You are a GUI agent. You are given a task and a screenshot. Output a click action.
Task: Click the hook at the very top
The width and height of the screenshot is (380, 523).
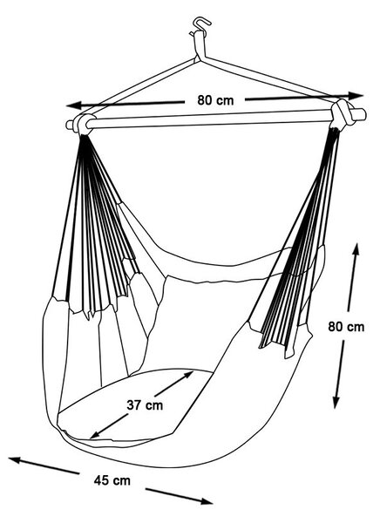click(x=201, y=24)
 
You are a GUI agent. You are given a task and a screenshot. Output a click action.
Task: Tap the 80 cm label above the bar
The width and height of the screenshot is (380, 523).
click(x=215, y=100)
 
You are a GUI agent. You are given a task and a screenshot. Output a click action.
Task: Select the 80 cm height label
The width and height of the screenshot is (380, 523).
click(x=346, y=327)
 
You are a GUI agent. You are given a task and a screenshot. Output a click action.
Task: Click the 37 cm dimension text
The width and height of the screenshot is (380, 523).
click(x=145, y=405)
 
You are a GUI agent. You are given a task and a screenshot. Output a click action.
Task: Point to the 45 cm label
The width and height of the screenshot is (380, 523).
click(x=112, y=480)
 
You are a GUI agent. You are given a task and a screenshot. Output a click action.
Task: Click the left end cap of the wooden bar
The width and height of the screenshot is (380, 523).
click(x=70, y=125)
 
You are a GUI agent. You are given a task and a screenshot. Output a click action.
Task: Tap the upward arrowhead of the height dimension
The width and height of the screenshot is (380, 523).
click(x=356, y=249)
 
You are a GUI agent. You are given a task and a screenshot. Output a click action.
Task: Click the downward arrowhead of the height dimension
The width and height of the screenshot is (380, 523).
click(x=336, y=402)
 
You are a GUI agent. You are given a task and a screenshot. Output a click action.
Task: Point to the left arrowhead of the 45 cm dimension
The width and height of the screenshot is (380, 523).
click(x=16, y=460)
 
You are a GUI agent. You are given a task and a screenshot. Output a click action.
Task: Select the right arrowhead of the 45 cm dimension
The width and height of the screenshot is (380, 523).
click(x=206, y=501)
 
